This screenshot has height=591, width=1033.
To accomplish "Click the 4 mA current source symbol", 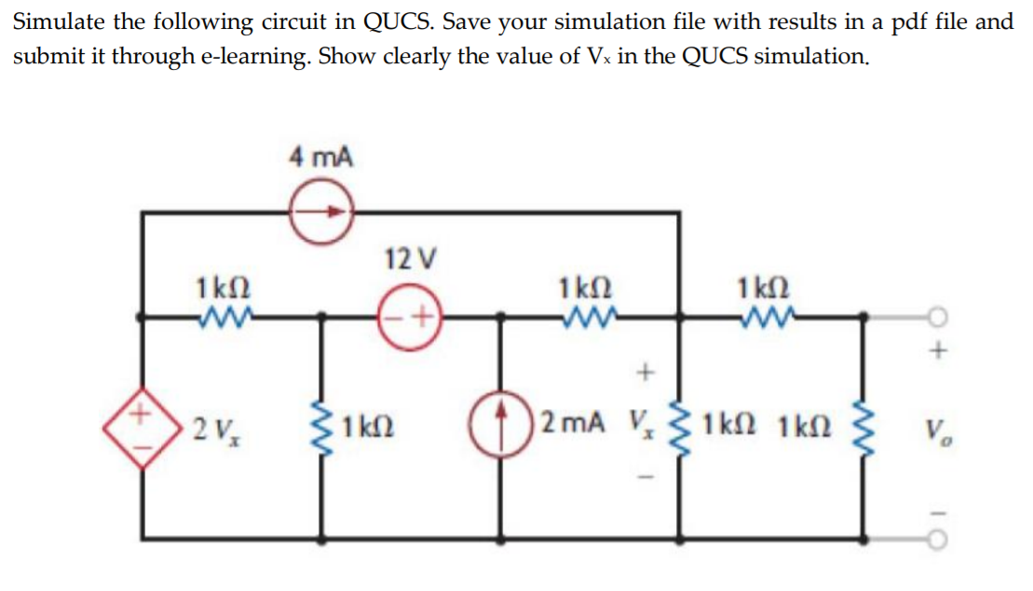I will [319, 213].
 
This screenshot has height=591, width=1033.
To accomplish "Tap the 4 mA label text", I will [320, 156].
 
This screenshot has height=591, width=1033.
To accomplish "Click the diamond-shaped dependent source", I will [144, 427].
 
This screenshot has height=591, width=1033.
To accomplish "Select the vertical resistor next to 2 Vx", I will [325, 426].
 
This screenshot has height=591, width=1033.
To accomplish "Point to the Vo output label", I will [937, 431].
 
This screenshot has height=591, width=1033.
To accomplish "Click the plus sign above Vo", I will [939, 352].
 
